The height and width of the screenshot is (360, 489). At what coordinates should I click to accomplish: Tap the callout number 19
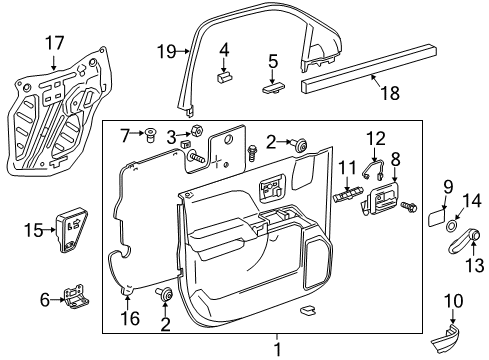(x=167, y=50)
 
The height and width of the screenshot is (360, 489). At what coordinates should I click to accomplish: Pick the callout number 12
(x=374, y=138)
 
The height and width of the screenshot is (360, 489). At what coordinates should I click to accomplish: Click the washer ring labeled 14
(x=457, y=225)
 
